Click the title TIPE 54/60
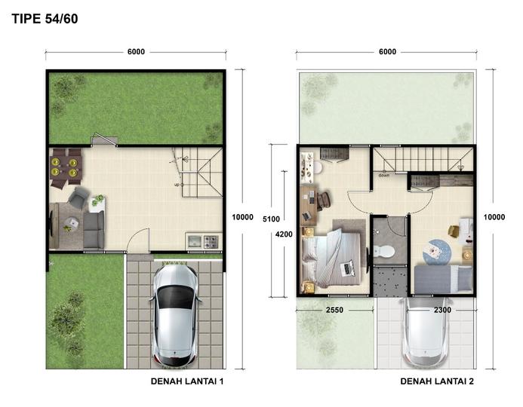pos(45,19)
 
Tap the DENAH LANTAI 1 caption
pos(187,381)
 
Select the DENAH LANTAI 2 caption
pos(437,381)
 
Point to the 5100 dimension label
pos(271,219)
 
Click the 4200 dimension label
pos(284,234)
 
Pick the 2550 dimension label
pos(334,310)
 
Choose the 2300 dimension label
pos(442,310)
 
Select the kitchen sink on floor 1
pos(194,241)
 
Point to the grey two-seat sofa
pos(94,229)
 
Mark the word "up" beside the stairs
pos(177,185)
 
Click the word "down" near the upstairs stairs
pos(384,176)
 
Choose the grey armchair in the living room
pos(78,197)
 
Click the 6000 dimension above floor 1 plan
pos(136,51)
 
